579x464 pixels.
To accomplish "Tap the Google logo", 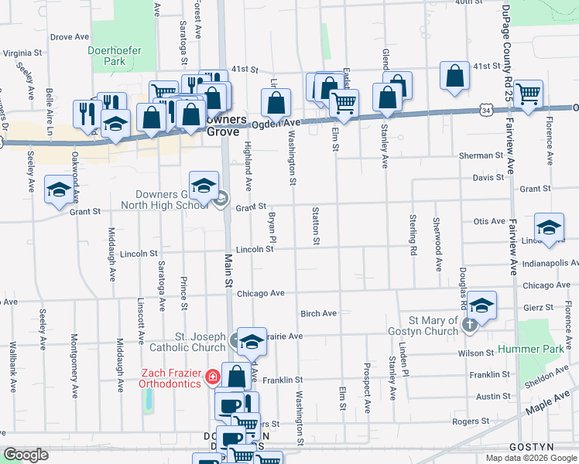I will click(26, 455).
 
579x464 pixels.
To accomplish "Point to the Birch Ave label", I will click(318, 313).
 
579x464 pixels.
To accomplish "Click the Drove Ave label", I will click(70, 36).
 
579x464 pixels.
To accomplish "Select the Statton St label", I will click(316, 225).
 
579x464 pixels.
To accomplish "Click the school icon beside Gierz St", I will click(481, 305).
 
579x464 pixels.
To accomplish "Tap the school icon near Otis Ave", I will click(549, 227).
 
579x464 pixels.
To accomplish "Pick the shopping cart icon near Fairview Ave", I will click(528, 94).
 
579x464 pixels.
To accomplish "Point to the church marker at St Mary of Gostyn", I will click(470, 325).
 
